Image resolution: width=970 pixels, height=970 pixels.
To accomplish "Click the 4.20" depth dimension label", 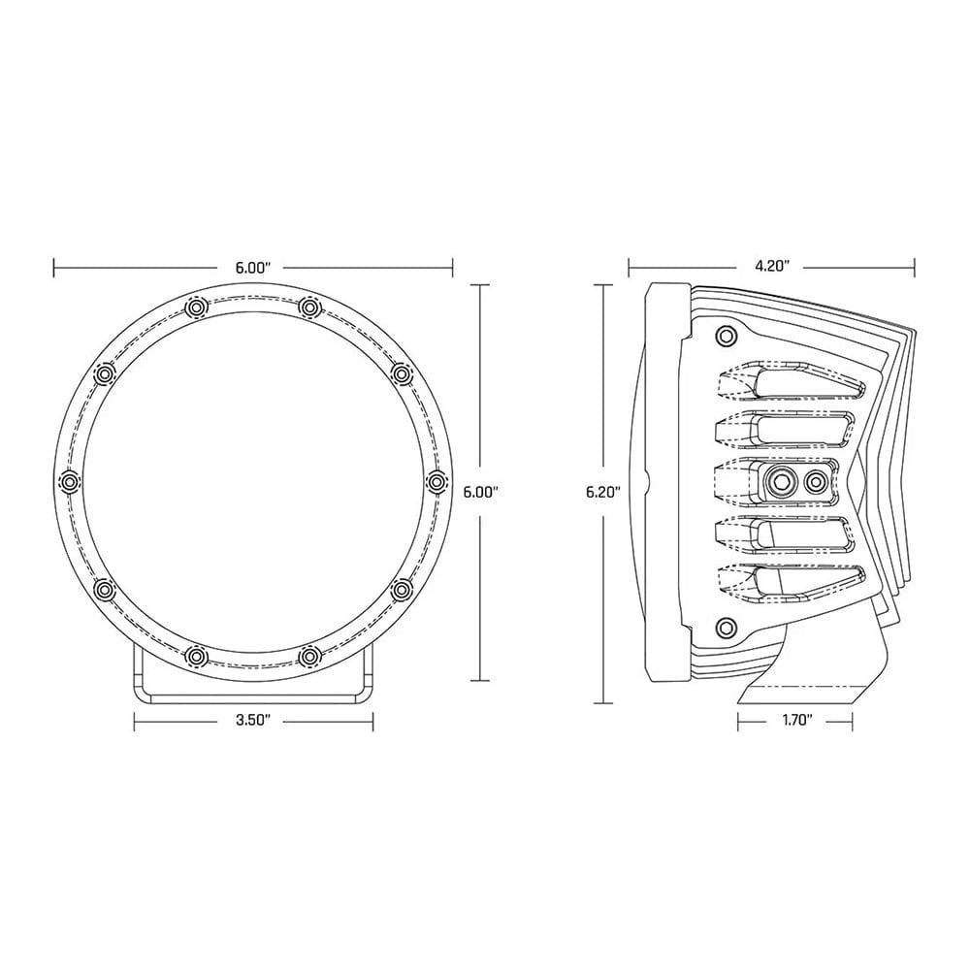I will click(773, 264).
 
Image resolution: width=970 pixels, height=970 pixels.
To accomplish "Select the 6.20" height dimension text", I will click(602, 492).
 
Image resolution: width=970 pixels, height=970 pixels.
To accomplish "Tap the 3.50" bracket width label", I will click(252, 720).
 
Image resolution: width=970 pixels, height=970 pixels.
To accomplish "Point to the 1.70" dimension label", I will click(794, 720).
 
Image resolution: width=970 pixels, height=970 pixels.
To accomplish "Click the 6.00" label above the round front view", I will click(252, 264).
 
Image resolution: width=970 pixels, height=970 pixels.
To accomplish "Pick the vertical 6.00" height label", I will click(481, 492).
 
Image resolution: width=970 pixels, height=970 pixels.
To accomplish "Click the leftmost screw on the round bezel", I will click(69, 480).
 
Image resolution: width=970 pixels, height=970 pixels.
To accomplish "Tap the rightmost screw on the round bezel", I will click(435, 480).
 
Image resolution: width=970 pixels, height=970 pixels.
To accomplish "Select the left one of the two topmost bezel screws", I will click(196, 307).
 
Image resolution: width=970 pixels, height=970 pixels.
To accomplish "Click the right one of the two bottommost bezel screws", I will click(308, 656).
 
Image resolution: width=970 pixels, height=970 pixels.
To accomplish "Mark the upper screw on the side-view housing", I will click(723, 336).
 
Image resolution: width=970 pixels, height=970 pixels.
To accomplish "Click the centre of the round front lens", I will click(252, 480).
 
